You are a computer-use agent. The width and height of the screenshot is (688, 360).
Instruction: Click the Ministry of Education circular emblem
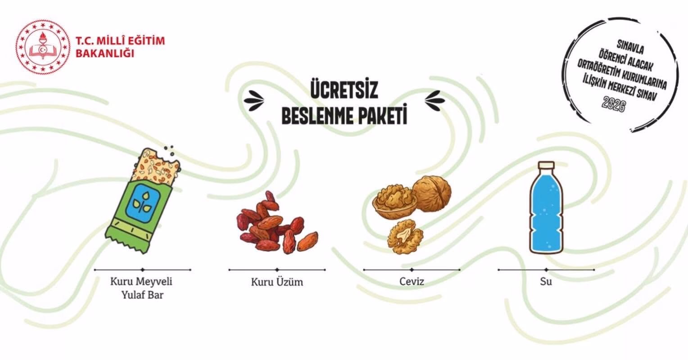click(x=43, y=47)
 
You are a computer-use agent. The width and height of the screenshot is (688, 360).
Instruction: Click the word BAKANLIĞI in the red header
click(x=105, y=54)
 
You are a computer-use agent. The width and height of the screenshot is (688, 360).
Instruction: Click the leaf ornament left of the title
click(x=254, y=100)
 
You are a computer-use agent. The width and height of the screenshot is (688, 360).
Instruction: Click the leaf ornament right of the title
click(x=435, y=100)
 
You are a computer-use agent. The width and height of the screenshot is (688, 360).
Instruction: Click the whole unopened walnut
click(x=431, y=193)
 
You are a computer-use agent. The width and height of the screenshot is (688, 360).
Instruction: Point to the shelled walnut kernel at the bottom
click(x=405, y=237)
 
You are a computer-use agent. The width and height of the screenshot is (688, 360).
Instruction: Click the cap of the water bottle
click(x=547, y=166)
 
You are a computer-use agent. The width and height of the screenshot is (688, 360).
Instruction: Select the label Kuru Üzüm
click(x=277, y=282)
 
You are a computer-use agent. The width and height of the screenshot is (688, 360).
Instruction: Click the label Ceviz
click(x=412, y=281)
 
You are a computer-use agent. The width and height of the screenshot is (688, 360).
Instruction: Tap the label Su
click(x=546, y=281)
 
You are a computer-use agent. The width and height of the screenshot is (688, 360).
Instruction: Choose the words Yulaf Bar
click(x=143, y=295)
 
